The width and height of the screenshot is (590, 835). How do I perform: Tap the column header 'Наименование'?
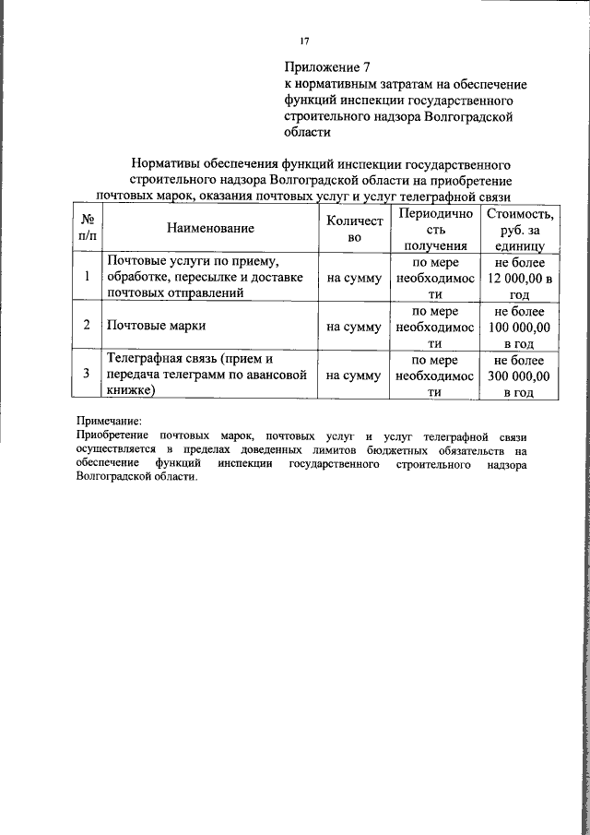coord(210,227)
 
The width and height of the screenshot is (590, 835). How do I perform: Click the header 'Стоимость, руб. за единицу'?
coord(523,229)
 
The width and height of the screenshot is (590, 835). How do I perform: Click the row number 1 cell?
coord(87,276)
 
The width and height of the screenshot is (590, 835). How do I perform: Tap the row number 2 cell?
coord(87,326)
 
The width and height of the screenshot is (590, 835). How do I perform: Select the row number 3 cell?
coord(87,375)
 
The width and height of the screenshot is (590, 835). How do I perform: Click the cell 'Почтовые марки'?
coord(157,326)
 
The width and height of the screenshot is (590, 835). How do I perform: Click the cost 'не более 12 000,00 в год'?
coord(523,278)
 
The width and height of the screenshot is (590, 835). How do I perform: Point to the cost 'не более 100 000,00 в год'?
coord(523,327)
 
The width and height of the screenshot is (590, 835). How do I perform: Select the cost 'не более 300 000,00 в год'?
coord(523,376)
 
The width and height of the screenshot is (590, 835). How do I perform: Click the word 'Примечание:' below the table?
coord(109,420)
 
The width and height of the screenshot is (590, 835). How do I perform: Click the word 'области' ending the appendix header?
coord(307,132)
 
